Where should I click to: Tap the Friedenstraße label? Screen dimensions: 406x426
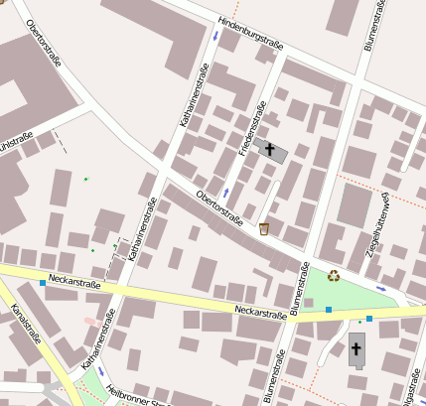pyautogui.click(x=250, y=130)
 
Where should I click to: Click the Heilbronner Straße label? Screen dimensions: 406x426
pyautogui.click(x=139, y=396)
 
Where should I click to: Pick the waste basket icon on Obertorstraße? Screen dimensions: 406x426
pyautogui.click(x=264, y=229)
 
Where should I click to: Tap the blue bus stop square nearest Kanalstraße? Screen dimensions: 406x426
pyautogui.click(x=42, y=284)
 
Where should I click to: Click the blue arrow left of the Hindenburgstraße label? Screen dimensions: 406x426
pyautogui.click(x=215, y=37)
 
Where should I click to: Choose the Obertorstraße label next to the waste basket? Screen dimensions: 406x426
pyautogui.click(x=220, y=207)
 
